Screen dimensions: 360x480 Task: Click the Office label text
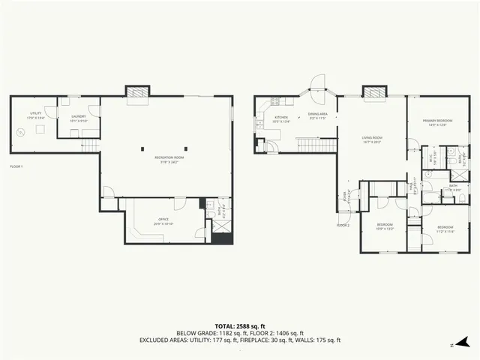tap(163, 220)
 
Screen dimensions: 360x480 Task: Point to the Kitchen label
tap(281, 118)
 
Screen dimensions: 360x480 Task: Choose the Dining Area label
tap(319, 116)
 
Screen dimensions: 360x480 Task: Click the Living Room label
tap(372, 139)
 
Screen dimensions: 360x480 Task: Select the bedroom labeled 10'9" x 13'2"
tap(384, 227)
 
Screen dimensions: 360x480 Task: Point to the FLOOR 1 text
tap(16, 166)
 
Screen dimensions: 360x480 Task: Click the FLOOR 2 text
tap(343, 225)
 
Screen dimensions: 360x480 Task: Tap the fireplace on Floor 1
tap(138, 92)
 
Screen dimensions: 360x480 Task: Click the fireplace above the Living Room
tap(374, 91)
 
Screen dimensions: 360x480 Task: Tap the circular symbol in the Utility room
tap(22, 132)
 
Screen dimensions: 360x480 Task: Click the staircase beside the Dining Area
tap(314, 144)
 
